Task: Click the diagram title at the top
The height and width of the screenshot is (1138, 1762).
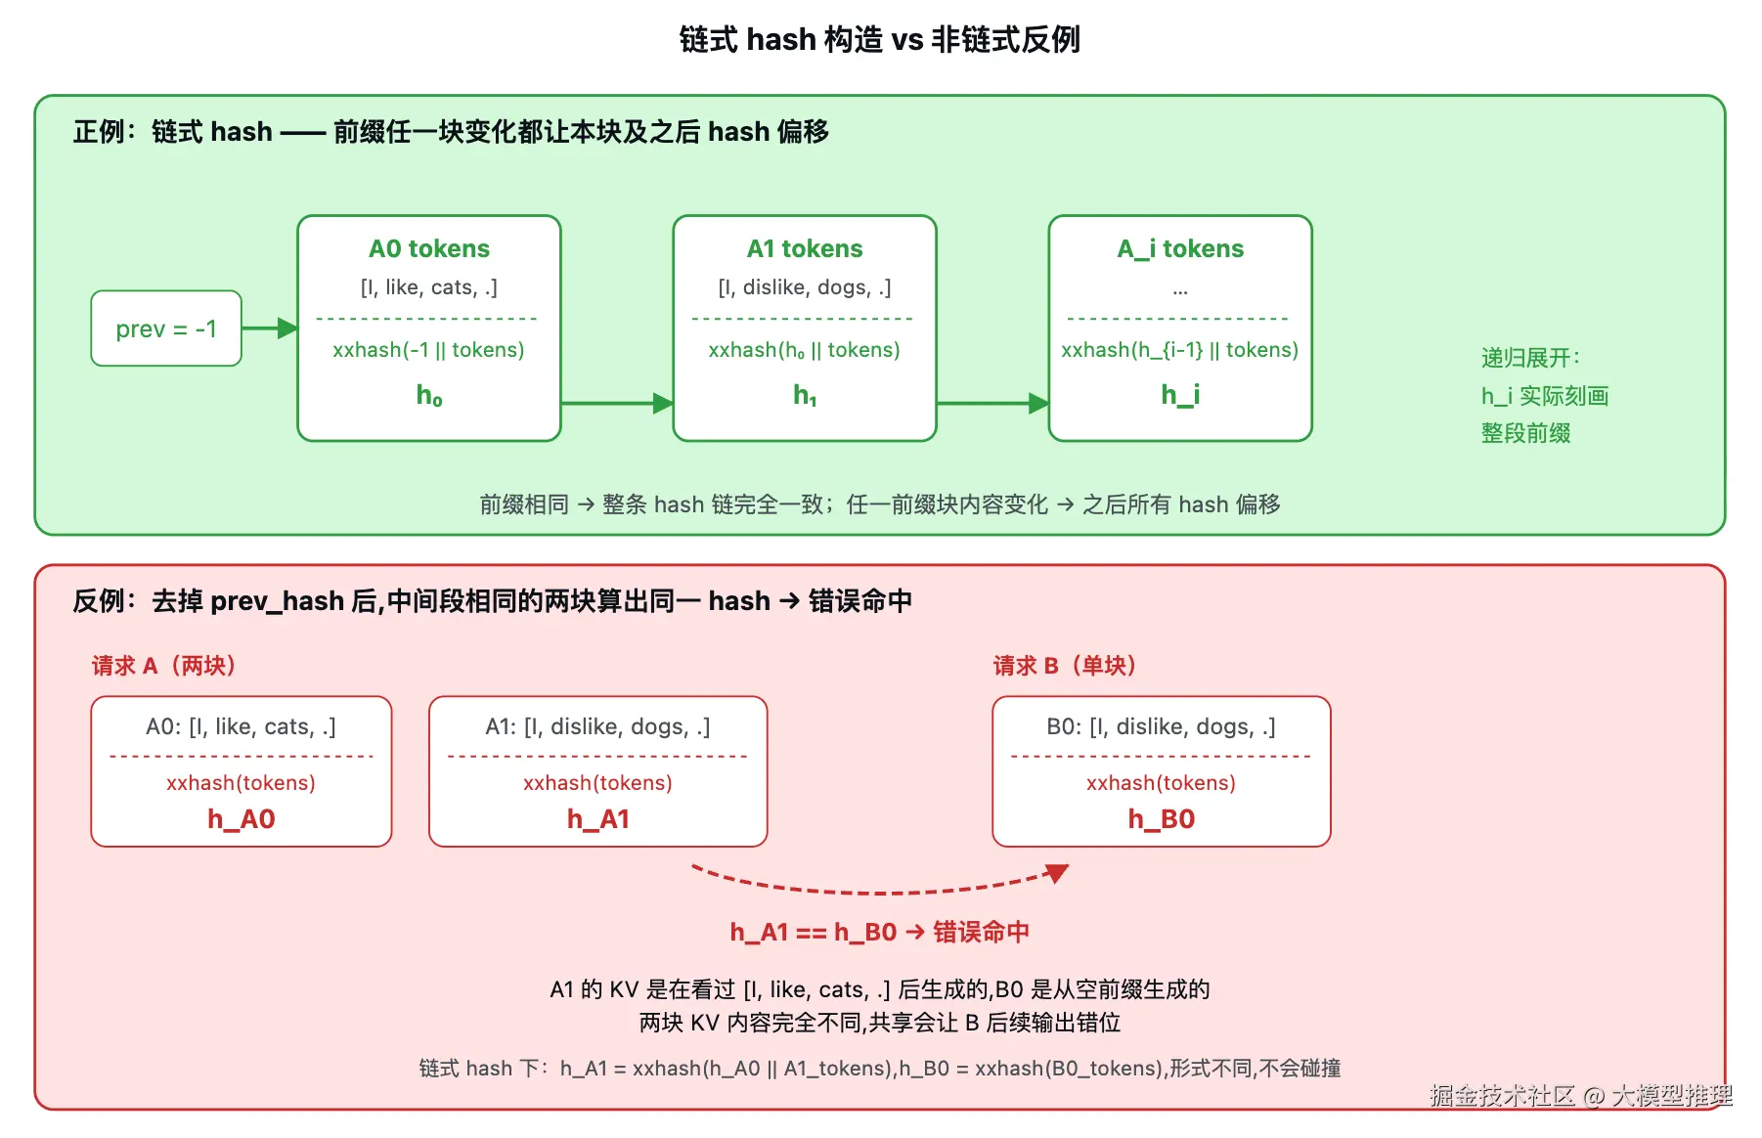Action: tap(879, 39)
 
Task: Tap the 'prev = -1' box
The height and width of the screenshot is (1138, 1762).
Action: tap(166, 328)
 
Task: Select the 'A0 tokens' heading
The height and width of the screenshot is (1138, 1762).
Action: tap(429, 248)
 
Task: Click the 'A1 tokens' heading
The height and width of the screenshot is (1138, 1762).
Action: tap(805, 248)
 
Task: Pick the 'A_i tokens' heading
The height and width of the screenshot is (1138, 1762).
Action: tap(1180, 248)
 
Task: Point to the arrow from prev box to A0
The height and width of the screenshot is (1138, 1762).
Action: tap(270, 328)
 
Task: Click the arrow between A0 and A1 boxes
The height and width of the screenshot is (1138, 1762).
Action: tap(617, 403)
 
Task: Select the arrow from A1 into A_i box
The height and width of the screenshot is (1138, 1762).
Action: tap(992, 403)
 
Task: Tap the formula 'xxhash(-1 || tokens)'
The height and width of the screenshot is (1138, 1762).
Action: tap(428, 350)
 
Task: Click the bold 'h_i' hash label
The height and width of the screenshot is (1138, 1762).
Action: tap(1180, 394)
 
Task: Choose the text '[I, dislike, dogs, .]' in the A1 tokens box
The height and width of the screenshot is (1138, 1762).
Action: tap(805, 287)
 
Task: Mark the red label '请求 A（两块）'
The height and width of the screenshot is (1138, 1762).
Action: tap(163, 666)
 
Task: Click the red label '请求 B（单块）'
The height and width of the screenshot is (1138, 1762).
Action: tap(1065, 666)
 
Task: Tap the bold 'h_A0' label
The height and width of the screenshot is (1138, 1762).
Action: tap(242, 819)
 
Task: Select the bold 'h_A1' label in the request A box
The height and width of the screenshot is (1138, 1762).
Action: tap(598, 819)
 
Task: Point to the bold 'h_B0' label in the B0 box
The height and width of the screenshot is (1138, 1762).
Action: tap(1162, 819)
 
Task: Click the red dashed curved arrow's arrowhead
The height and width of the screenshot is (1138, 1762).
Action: tap(1057, 872)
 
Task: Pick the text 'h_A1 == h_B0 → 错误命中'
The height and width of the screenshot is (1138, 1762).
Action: tap(879, 932)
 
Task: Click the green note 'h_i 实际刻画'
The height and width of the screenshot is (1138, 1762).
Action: tap(1545, 396)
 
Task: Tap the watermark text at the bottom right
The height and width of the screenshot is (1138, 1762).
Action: tap(1580, 1095)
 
